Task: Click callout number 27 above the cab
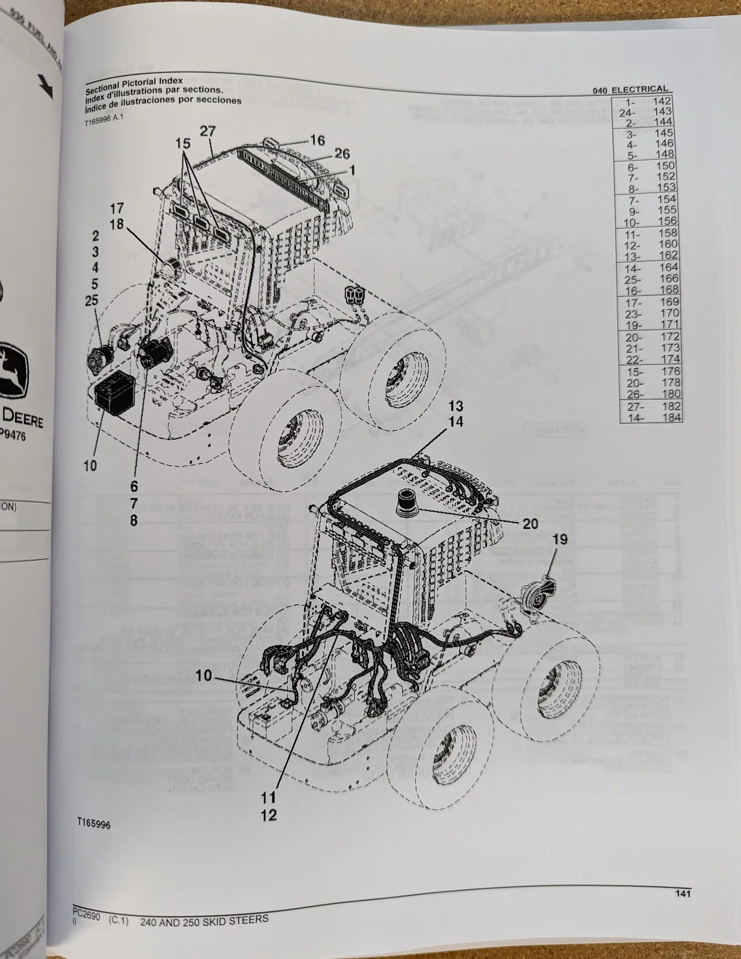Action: click(x=208, y=132)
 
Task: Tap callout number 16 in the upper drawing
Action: click(x=317, y=140)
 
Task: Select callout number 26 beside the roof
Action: click(x=342, y=154)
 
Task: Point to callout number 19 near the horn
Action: click(x=560, y=539)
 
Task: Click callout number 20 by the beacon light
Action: click(x=530, y=523)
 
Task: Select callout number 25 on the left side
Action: click(x=92, y=300)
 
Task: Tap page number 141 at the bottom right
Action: click(x=682, y=894)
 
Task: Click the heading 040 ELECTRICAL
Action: click(x=630, y=90)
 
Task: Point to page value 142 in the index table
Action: click(x=662, y=101)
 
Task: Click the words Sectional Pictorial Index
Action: click(x=134, y=84)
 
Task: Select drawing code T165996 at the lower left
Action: click(x=93, y=824)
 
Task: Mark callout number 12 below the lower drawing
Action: click(x=269, y=815)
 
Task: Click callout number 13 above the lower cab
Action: click(x=456, y=406)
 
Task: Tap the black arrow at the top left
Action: click(x=46, y=86)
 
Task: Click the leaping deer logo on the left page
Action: click(x=11, y=367)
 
